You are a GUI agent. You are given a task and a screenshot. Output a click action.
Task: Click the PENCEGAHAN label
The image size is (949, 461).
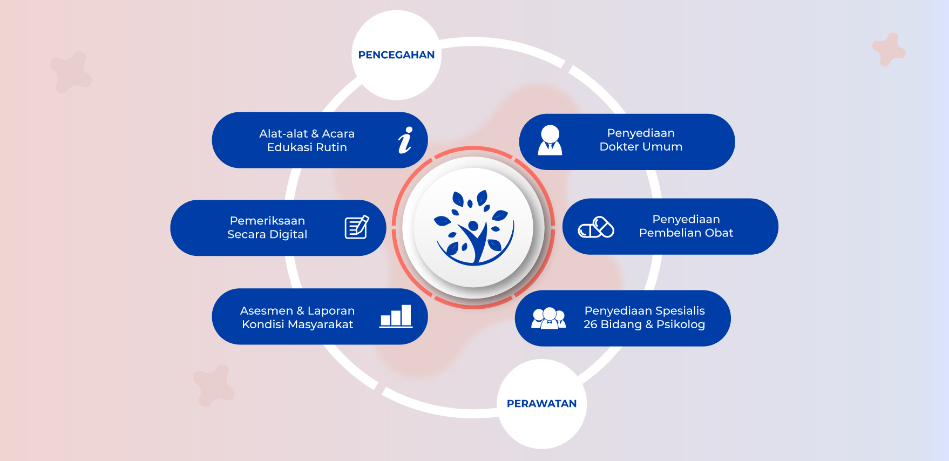coord(396,55)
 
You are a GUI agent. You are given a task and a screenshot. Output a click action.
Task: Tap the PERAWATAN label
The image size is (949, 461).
coord(541,404)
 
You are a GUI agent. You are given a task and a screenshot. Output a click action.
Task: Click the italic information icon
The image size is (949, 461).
coord(405,140)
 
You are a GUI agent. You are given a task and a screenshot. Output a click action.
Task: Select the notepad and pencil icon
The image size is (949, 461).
coord(357,227)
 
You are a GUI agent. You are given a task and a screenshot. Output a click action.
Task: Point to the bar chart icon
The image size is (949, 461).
coord(396,316)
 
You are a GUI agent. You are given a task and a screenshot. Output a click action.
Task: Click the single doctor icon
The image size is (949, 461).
coord(550,140)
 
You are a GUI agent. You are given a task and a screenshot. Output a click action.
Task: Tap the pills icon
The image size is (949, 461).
coord(596,227)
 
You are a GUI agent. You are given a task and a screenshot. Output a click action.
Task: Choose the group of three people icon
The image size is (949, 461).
coord(548,318)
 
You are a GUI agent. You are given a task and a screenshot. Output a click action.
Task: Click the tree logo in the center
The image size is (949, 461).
coord(474,227)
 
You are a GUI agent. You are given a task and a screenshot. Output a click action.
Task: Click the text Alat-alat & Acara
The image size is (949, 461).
coord(307,133)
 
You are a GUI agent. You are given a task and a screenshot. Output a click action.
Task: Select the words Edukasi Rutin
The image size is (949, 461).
coord(307,147)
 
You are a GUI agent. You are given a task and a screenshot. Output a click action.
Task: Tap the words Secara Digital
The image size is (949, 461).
coord(267,234)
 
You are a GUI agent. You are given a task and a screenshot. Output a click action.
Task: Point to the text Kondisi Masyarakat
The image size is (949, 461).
coord(297,324)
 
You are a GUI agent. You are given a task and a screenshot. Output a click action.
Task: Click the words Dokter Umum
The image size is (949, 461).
coord(641,147)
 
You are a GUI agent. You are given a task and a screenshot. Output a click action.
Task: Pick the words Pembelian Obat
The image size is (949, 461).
coord(686,233)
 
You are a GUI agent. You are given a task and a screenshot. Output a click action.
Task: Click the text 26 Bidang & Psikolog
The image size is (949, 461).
coord(644,324)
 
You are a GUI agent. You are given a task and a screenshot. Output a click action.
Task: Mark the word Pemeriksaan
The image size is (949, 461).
coord(267,221)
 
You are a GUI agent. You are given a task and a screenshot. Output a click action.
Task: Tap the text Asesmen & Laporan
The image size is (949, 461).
coord(297,311)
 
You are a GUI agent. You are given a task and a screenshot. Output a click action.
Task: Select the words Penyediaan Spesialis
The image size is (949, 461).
coord(645,311)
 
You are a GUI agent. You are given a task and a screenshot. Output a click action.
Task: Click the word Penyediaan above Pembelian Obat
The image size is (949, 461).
coord(686,220)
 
